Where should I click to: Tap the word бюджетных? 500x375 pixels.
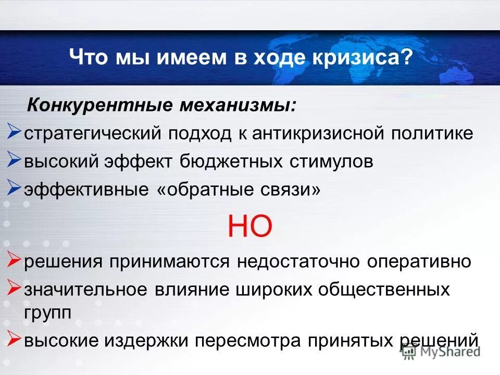234,161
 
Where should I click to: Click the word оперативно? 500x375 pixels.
419,261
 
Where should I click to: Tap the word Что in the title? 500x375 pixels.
88,57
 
